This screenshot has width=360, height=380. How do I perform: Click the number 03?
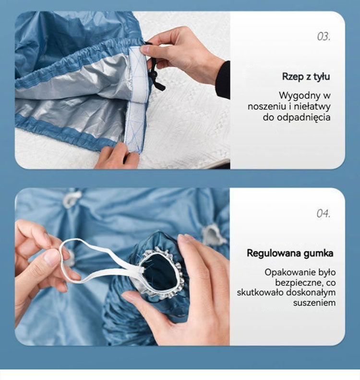tap(324, 36)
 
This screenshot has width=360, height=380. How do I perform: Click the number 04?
tap(324, 214)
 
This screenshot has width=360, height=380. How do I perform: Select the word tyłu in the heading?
tap(322, 76)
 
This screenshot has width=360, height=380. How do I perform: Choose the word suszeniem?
tap(314, 303)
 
